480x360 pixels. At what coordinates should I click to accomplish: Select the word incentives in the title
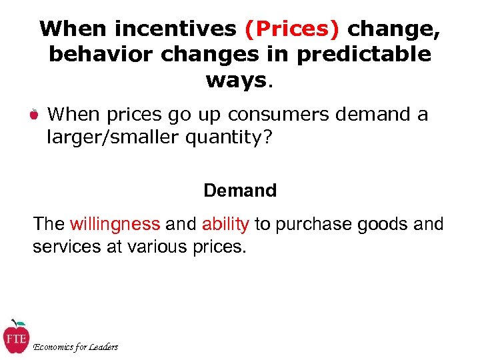pos(175,29)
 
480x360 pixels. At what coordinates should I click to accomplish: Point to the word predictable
pos(364,55)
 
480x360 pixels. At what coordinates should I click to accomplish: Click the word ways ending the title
pos(235,80)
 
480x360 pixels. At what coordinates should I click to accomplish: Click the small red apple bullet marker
pos(34,115)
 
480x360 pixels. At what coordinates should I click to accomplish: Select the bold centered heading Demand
pos(240,191)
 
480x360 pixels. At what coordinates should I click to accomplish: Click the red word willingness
pos(115,224)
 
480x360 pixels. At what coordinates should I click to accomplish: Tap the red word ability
pos(225,224)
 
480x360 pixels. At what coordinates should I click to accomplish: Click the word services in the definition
pos(65,247)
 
